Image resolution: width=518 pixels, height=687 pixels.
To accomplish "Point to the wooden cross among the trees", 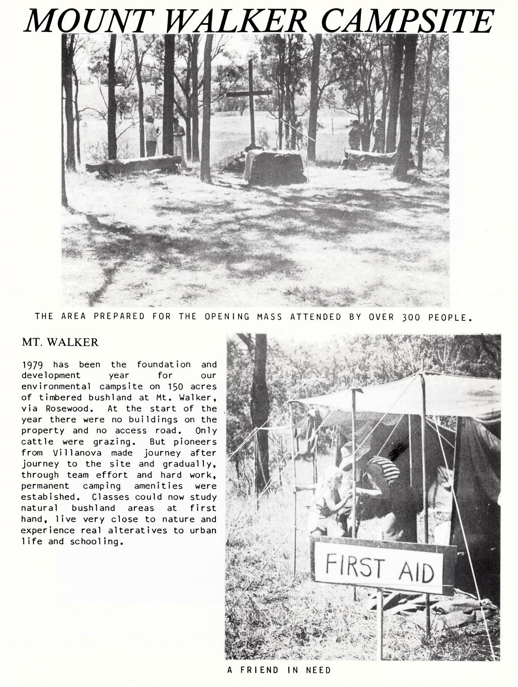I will (x=250, y=94).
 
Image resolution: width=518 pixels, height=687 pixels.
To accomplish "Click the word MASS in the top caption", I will (x=269, y=317).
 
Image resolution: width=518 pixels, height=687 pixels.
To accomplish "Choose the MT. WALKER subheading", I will (x=60, y=342).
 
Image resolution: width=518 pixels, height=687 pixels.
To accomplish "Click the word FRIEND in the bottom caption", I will (x=260, y=670).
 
